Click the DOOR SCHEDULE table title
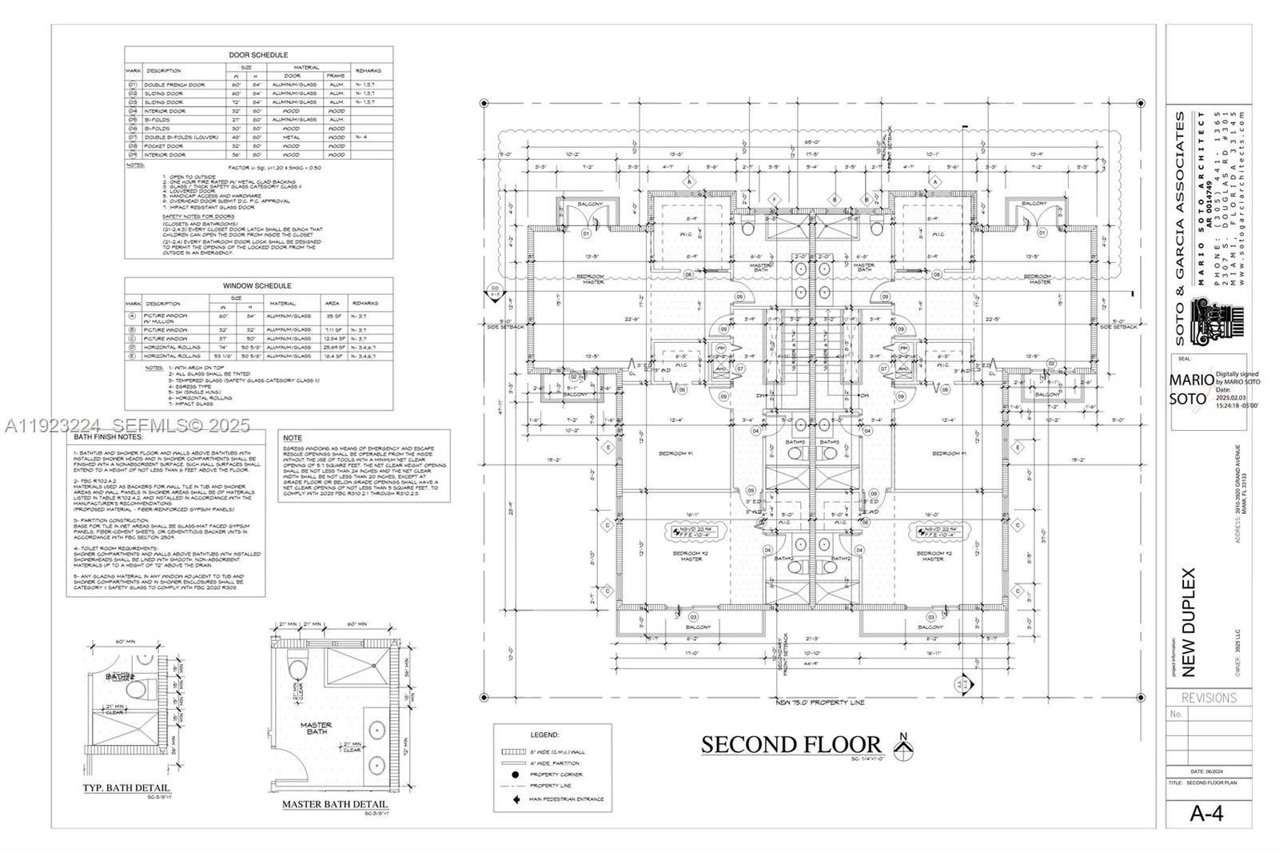(x=258, y=55)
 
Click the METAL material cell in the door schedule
(x=292, y=137)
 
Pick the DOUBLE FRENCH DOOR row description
(x=174, y=85)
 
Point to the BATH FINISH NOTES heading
(x=108, y=437)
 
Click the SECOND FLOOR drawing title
(x=791, y=744)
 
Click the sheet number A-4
(x=1206, y=814)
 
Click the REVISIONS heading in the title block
(x=1209, y=698)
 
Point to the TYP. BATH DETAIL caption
(x=126, y=788)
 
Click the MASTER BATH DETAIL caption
(x=334, y=804)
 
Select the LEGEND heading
(x=544, y=735)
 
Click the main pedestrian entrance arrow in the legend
(x=516, y=798)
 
